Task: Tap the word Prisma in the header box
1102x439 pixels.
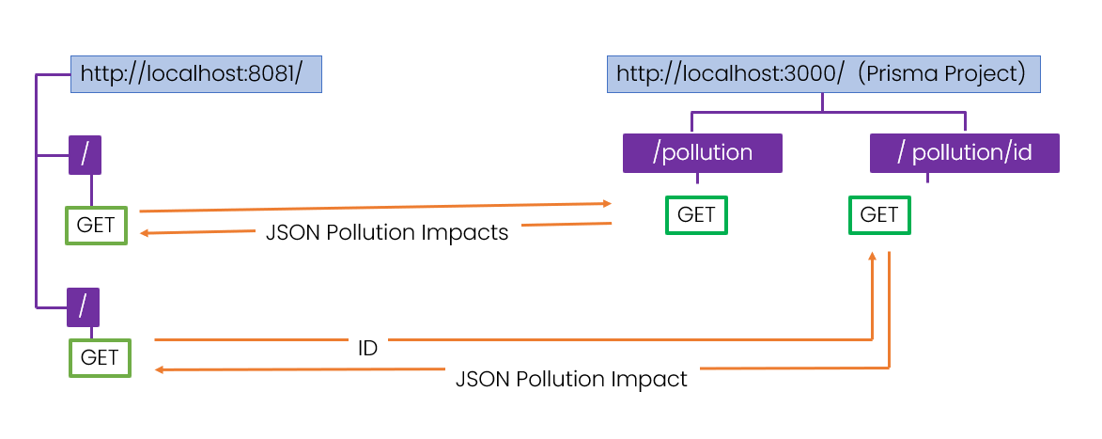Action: pos(896,73)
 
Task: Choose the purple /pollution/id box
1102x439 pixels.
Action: pos(964,152)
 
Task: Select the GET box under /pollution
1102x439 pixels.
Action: pos(696,215)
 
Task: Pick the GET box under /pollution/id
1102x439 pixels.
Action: pos(879,215)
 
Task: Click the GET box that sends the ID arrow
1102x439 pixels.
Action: pos(100,357)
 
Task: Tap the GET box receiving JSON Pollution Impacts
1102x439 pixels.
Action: pos(96,225)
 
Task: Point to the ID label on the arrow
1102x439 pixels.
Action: pos(367,348)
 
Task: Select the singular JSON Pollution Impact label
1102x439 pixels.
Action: pos(571,380)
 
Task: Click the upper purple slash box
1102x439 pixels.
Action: pos(85,156)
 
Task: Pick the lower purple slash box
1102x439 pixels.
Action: pos(84,306)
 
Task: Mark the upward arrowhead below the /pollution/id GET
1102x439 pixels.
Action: pos(873,255)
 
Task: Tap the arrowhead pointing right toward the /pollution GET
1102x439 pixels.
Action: pos(606,203)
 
